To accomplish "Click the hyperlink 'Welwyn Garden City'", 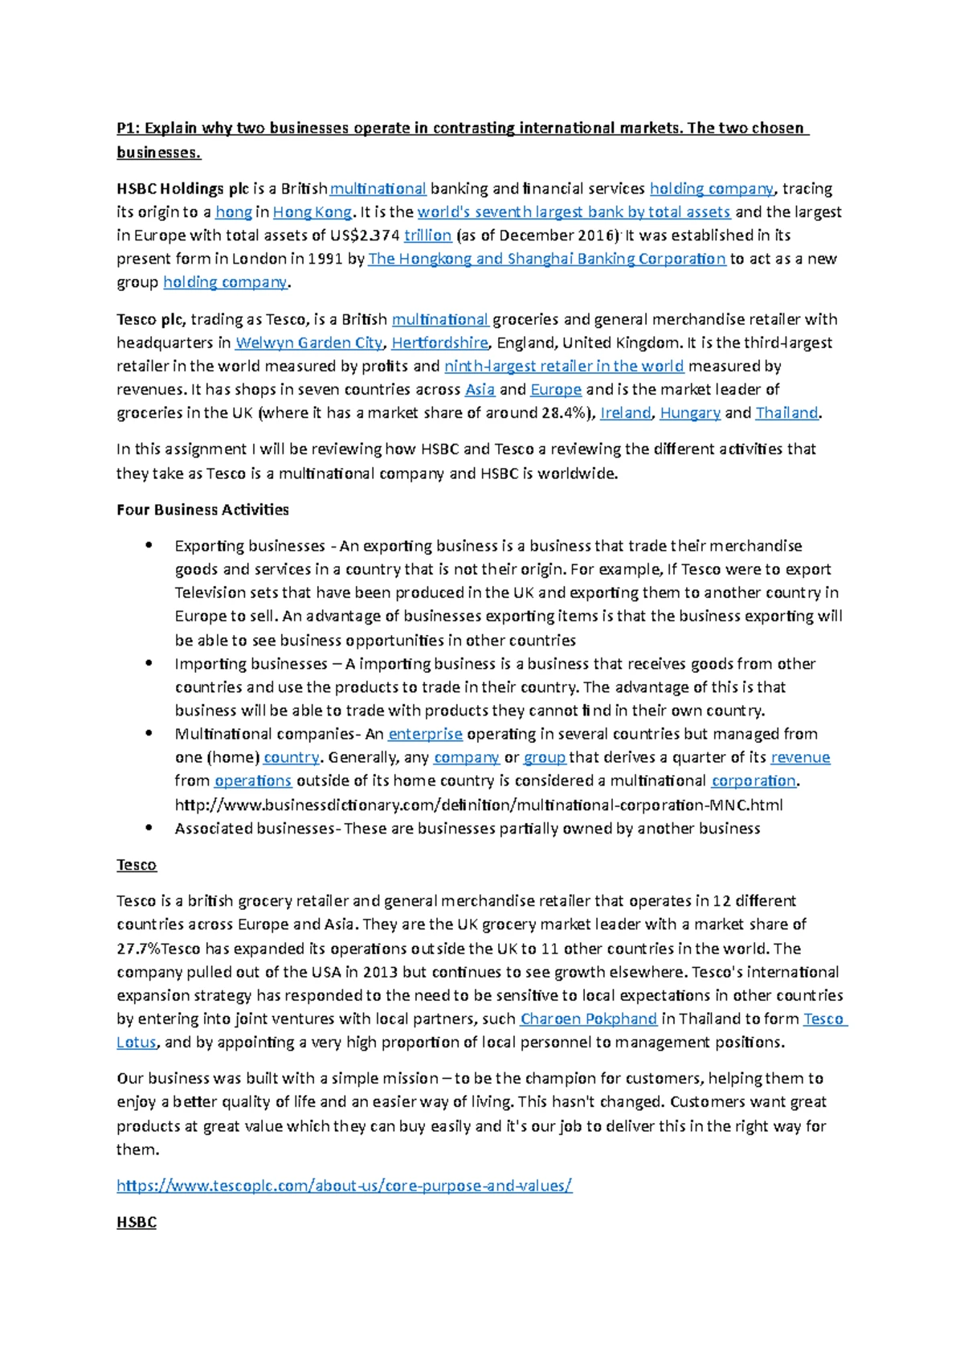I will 308,343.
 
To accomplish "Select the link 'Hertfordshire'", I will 439,343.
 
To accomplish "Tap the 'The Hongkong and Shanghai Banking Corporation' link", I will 546,259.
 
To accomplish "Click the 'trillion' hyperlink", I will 427,236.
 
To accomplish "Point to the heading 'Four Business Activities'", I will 202,510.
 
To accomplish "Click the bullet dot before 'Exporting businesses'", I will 147,546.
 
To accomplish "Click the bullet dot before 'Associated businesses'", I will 147,828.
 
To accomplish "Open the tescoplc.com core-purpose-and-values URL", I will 344,1186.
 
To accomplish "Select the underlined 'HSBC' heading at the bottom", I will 136,1223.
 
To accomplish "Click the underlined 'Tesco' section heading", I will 136,865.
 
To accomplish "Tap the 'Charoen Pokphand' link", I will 589,1019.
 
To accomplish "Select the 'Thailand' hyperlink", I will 786,413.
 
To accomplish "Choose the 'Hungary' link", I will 689,413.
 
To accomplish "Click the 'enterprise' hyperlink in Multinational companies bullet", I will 425,734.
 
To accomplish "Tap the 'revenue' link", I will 800,757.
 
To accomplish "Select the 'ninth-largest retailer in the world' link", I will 564,367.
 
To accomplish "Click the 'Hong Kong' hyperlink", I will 312,212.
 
